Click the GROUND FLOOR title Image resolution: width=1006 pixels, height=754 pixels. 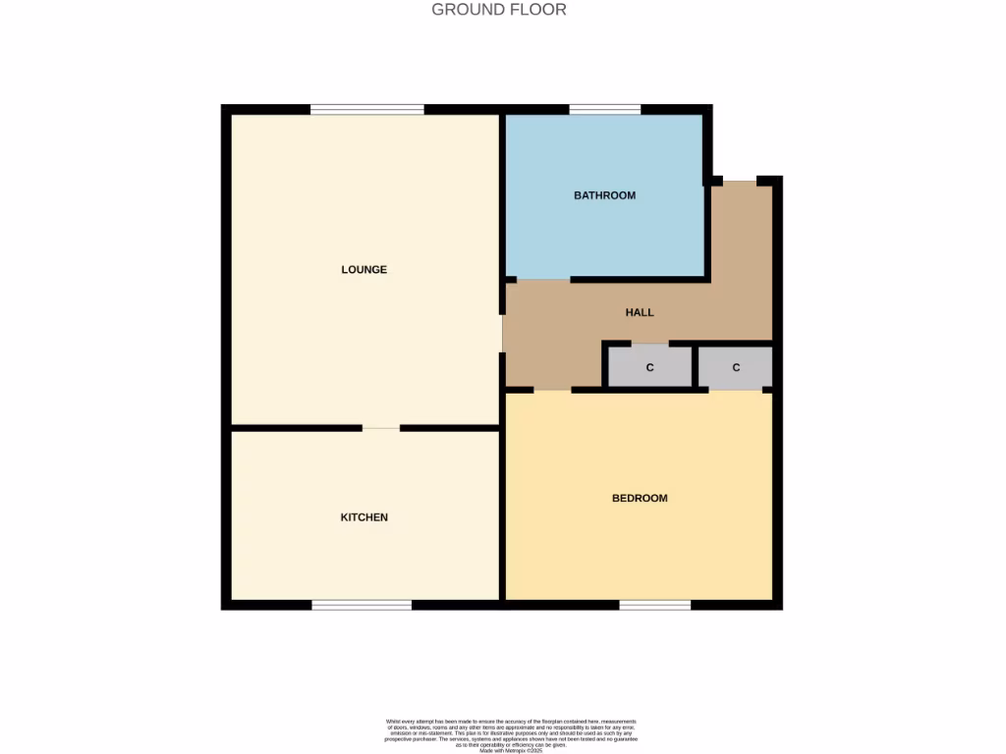(x=499, y=10)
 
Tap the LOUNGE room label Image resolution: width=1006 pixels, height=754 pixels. (x=363, y=269)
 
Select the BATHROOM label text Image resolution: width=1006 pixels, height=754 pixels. (x=604, y=195)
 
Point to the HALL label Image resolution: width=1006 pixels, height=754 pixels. (x=640, y=312)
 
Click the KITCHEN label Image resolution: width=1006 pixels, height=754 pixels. (x=363, y=517)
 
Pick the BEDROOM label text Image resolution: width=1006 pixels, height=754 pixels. (x=640, y=498)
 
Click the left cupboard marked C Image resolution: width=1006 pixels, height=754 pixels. (x=649, y=367)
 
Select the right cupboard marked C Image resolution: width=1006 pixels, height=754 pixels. (x=735, y=367)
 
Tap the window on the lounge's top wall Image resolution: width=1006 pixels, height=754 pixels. (x=367, y=110)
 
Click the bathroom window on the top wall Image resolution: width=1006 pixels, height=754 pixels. (x=604, y=110)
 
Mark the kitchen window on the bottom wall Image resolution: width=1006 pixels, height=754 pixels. (x=362, y=605)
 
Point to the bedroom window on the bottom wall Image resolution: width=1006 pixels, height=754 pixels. (x=654, y=605)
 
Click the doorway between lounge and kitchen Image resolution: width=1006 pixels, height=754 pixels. (x=381, y=428)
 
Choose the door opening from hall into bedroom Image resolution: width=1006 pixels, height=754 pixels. (x=552, y=390)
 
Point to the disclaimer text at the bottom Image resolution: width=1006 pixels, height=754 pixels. (x=511, y=734)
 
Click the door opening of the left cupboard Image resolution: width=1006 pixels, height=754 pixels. (x=649, y=344)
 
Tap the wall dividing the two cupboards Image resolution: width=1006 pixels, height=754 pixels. (x=695, y=367)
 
